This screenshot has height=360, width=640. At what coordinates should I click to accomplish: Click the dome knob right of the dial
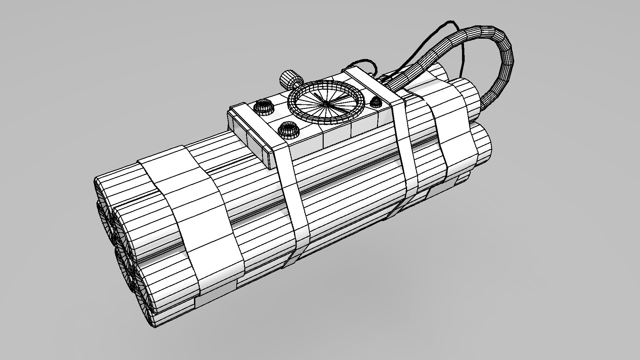[x=377, y=101]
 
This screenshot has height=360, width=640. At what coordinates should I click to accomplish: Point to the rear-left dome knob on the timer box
[x=263, y=107]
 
